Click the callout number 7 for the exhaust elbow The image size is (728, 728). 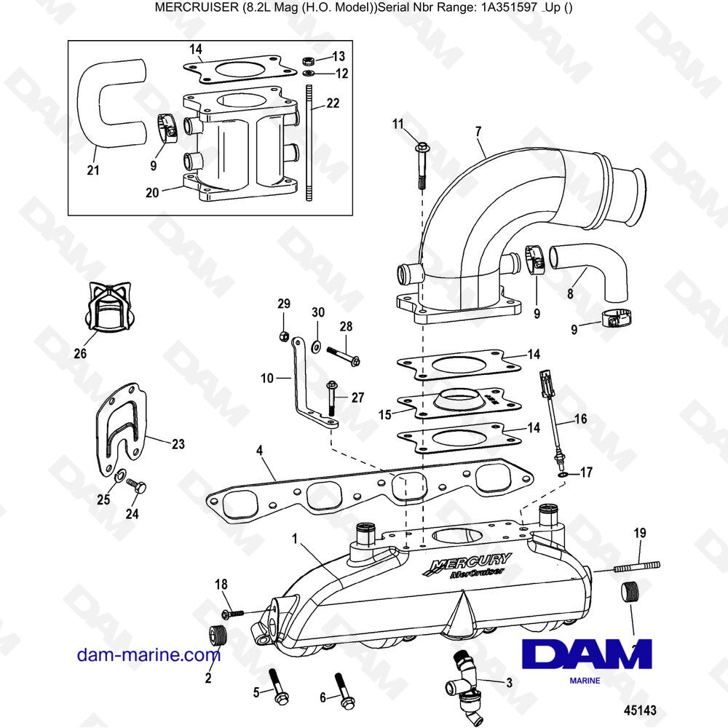[x=478, y=132]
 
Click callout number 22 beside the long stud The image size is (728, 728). [x=333, y=103]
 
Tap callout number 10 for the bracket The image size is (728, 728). [x=266, y=378]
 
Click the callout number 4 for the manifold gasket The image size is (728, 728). [x=259, y=452]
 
